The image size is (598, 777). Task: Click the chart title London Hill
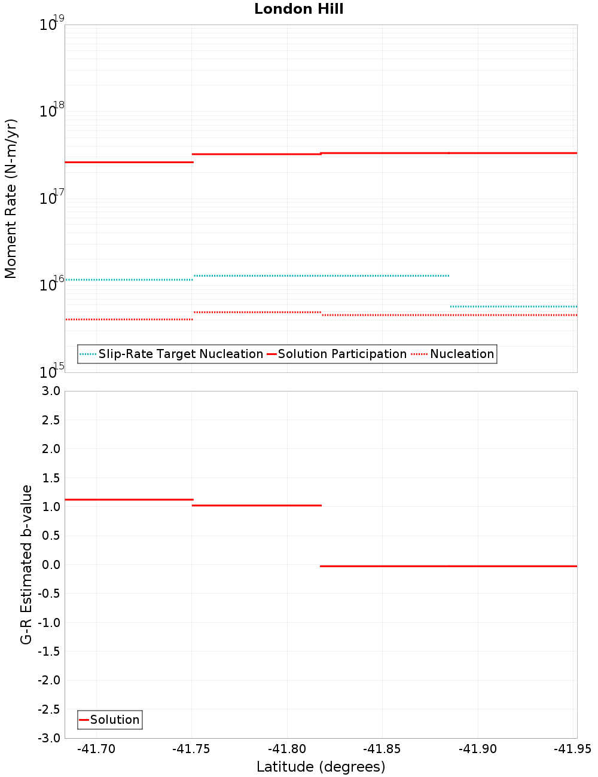click(x=298, y=9)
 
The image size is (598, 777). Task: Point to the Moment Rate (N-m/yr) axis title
click(x=11, y=198)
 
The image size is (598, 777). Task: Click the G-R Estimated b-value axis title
click(x=26, y=564)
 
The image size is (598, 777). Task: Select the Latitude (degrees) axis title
click(x=321, y=767)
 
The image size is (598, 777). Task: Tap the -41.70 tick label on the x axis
click(x=97, y=749)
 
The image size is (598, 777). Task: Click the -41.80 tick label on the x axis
click(x=287, y=749)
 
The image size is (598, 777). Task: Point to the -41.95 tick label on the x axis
click(x=572, y=749)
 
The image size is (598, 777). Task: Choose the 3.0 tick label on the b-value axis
click(x=49, y=391)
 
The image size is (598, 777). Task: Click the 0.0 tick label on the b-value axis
click(x=49, y=564)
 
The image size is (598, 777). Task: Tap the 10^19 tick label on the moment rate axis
click(x=51, y=24)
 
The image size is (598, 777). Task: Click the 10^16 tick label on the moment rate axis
click(x=51, y=284)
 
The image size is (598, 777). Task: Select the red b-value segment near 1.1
click(x=129, y=499)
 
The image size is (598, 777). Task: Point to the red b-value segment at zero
click(x=448, y=565)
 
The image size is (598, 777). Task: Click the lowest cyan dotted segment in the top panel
click(x=513, y=306)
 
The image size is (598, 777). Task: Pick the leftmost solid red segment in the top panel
click(x=129, y=162)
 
